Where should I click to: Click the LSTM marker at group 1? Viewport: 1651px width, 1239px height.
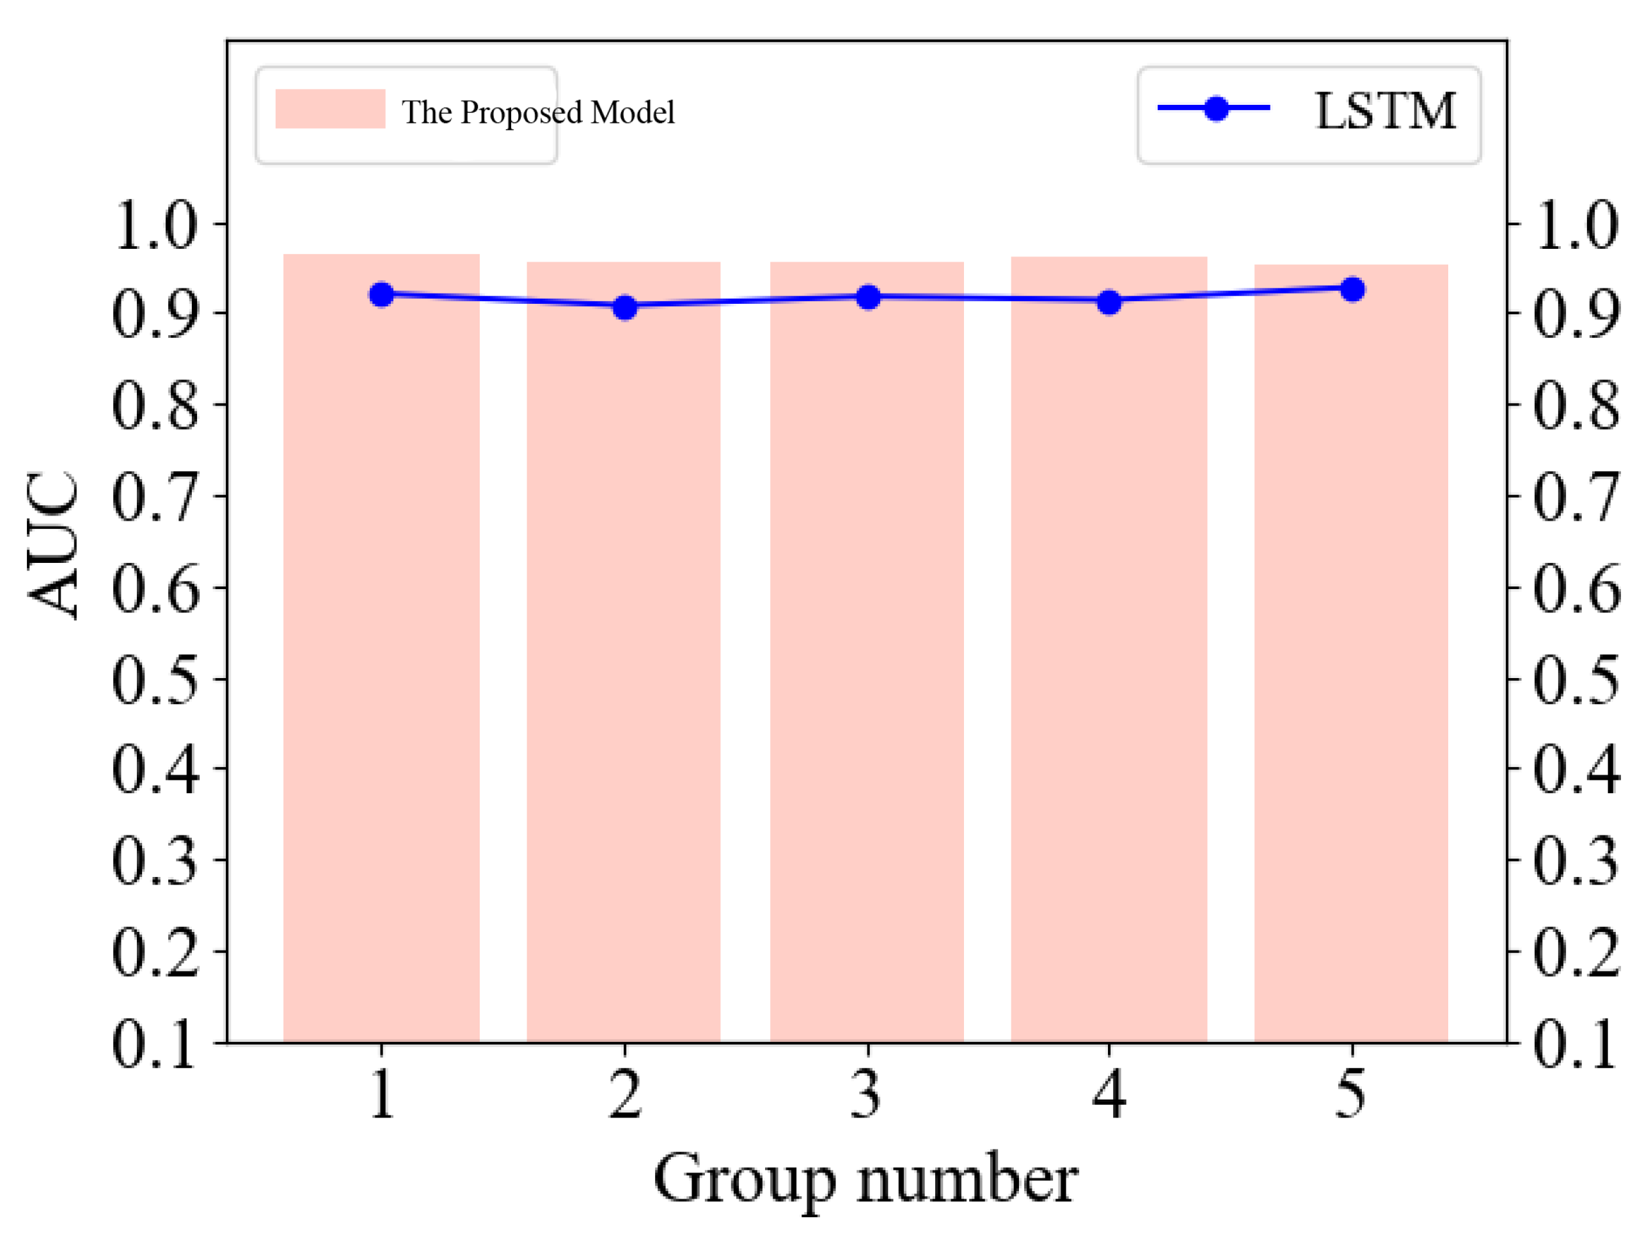[381, 295]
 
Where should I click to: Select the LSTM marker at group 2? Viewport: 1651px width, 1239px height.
[625, 307]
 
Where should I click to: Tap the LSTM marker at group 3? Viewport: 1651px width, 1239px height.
[868, 297]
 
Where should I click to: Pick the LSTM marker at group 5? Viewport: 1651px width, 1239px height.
[1352, 290]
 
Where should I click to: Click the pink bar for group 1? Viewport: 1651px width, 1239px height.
[381, 649]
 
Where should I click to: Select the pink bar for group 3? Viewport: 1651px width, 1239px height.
[867, 653]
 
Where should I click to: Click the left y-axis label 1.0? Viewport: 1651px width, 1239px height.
[155, 225]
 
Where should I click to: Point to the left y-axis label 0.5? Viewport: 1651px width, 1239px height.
[155, 680]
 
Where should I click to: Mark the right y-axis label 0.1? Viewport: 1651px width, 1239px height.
[1576, 1043]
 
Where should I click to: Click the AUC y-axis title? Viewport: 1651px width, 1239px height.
[52, 545]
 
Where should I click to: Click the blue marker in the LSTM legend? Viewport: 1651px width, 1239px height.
[1217, 108]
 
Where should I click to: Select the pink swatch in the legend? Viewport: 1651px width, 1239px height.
[330, 109]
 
